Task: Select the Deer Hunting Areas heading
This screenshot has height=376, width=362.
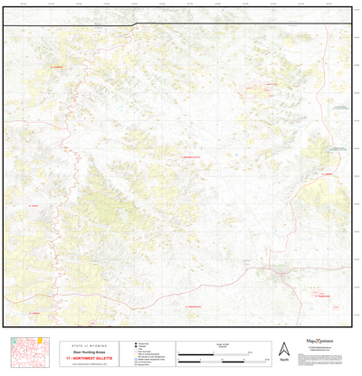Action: tap(82, 352)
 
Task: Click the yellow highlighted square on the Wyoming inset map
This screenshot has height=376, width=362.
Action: tap(39, 342)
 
